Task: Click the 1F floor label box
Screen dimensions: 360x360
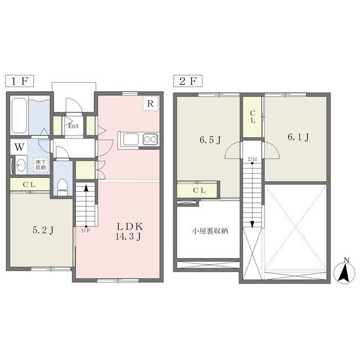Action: tap(20, 81)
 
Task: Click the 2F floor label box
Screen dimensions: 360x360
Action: tap(188, 81)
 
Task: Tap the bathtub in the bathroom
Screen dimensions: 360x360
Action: tap(19, 115)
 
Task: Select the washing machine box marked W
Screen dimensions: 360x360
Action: tap(19, 147)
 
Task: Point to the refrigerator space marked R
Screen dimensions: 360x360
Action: tap(150, 103)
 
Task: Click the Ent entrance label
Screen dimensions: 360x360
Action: tap(73, 126)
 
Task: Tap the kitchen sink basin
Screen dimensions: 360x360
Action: tap(131, 139)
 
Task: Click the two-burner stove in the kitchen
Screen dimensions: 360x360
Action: tap(150, 139)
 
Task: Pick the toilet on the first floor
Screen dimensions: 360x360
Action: tap(62, 187)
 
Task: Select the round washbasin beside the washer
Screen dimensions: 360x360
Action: tap(21, 165)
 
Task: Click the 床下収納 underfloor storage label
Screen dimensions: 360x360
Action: tap(40, 165)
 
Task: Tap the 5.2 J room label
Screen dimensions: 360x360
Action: tap(43, 230)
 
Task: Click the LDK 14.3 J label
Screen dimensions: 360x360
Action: tap(129, 231)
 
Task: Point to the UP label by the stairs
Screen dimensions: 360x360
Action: tap(86, 230)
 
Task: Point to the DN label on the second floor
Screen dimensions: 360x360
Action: tap(253, 159)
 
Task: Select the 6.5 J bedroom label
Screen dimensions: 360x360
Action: tap(210, 139)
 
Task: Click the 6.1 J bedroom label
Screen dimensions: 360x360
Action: tap(298, 137)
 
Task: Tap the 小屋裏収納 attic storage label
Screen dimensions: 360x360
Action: tap(210, 231)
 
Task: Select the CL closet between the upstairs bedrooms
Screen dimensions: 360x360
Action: tap(253, 117)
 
